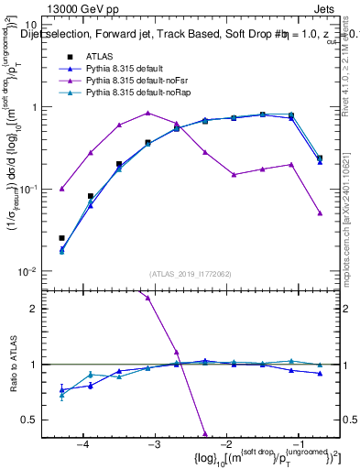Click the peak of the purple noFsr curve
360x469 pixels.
[x=148, y=113]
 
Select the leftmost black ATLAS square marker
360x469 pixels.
[x=61, y=238]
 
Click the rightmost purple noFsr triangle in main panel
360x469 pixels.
[x=320, y=213]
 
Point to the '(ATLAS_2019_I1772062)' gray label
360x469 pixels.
[x=190, y=273]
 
